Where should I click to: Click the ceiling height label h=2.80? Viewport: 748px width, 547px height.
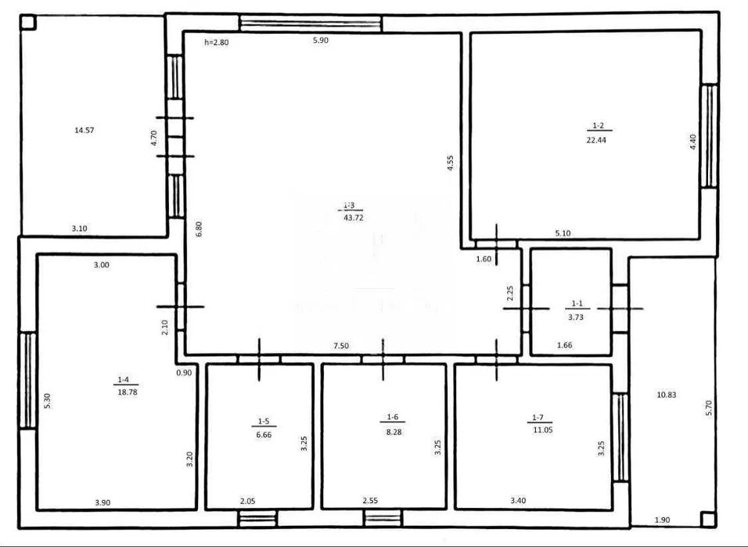217,42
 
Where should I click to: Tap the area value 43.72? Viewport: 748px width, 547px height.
354,218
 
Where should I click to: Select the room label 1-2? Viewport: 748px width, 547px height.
599,125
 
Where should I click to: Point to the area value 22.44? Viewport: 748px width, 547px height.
596,140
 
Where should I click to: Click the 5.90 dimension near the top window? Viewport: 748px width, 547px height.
321,41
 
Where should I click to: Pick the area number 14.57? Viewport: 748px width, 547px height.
85,130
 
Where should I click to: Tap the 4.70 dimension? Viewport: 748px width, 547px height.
153,138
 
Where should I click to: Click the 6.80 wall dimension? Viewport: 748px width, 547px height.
200,229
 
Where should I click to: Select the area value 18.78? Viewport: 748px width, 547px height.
128,392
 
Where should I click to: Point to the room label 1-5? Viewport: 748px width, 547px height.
264,421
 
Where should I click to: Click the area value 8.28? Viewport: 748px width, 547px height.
394,432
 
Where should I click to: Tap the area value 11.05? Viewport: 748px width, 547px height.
543,430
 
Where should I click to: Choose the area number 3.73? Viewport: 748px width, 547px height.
576,317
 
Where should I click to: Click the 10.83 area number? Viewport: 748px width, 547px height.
667,394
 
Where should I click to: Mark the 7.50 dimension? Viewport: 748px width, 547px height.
341,346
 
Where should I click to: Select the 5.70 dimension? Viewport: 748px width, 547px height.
708,408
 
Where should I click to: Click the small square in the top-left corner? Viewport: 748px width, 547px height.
28,23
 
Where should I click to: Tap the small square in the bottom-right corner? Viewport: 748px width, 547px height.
708,520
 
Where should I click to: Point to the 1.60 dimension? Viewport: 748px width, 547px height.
484,259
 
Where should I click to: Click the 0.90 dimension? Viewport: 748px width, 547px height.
184,372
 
